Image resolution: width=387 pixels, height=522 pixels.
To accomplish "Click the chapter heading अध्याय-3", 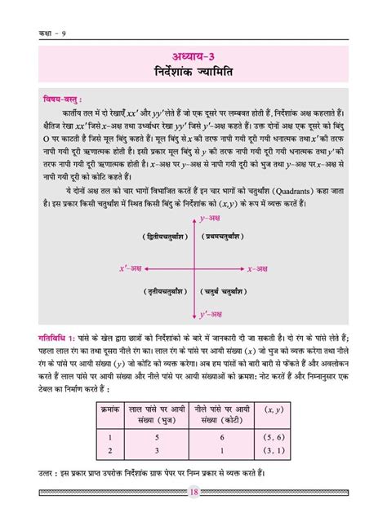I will (193, 55).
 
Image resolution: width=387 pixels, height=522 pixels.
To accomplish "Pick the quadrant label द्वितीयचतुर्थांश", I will (156, 235).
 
